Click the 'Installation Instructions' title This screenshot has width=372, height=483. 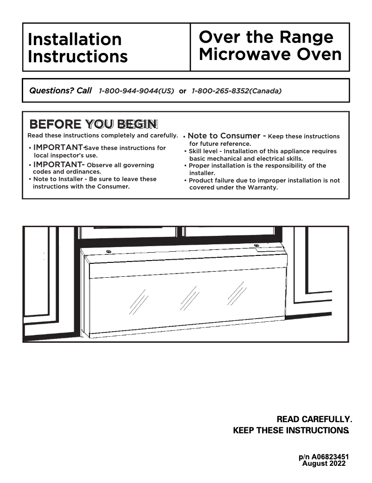pyautogui.click(x=77, y=47)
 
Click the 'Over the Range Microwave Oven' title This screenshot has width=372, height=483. pyautogui.click(x=270, y=46)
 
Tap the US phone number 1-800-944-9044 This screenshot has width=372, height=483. pyautogui.click(x=136, y=91)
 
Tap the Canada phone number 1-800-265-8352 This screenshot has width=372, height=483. pyautogui.click(x=237, y=91)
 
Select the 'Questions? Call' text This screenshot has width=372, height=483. pyautogui.click(x=60, y=91)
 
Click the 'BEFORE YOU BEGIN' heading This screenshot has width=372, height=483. pyautogui.click(x=93, y=124)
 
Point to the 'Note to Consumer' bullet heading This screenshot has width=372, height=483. pyautogui.click(x=224, y=136)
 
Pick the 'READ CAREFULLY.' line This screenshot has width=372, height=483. pyautogui.click(x=314, y=419)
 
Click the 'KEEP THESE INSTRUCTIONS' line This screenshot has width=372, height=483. pyautogui.click(x=290, y=431)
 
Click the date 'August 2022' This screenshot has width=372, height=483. pyautogui.click(x=324, y=463)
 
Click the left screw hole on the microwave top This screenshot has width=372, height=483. pyautogui.click(x=109, y=252)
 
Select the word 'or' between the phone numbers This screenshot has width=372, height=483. pyautogui.click(x=183, y=91)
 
